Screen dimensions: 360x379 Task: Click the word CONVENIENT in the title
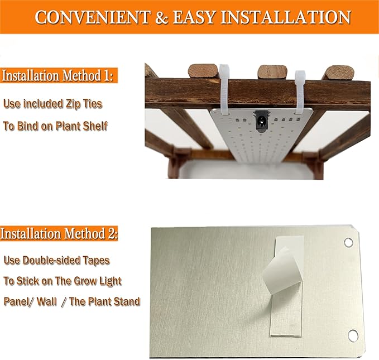(92, 17)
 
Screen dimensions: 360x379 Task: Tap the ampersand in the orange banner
(162, 17)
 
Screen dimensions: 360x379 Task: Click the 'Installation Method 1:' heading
(59, 76)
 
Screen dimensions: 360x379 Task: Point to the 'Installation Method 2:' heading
(59, 233)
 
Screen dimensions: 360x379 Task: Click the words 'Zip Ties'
(83, 103)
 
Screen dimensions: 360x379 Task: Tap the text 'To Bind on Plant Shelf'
(55, 126)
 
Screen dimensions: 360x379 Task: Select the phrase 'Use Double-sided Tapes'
(56, 260)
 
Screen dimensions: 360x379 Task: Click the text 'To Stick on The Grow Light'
(63, 281)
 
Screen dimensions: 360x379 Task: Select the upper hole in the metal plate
(349, 243)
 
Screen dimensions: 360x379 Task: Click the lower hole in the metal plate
(353, 335)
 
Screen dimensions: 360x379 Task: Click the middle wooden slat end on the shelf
(272, 72)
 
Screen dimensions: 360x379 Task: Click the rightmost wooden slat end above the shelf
(338, 72)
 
